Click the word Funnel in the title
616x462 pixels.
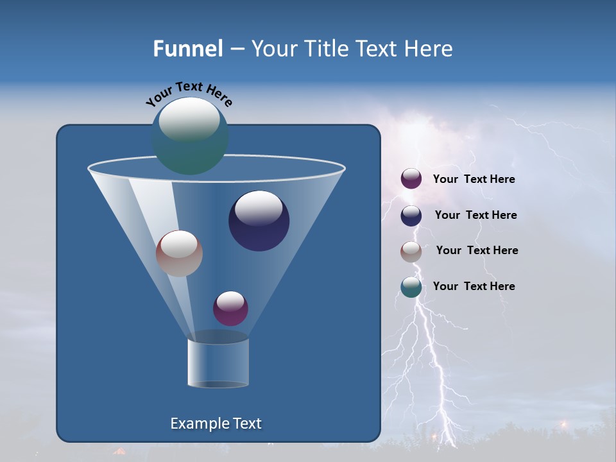[x=187, y=49]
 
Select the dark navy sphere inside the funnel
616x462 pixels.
[x=259, y=221]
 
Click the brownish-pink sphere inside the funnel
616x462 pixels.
[x=179, y=253]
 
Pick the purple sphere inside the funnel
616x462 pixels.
[x=230, y=308]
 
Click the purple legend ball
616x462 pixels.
[x=411, y=179]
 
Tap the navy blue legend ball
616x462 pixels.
[x=411, y=216]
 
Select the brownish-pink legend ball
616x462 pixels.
[x=411, y=252]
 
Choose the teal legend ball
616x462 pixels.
[x=411, y=287]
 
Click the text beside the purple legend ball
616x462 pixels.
[x=474, y=179]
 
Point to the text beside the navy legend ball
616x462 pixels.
[x=475, y=215]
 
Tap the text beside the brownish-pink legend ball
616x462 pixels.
[x=477, y=250]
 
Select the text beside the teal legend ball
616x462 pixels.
[x=474, y=286]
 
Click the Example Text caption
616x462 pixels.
[x=216, y=424]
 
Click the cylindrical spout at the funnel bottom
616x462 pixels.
[x=218, y=363]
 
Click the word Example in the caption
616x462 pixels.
[x=198, y=424]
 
